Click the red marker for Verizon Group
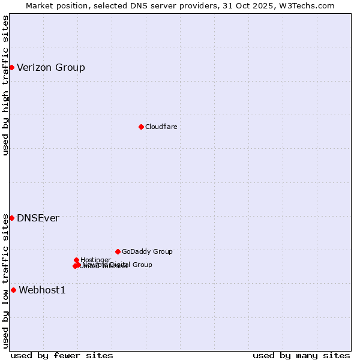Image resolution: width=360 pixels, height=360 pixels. pos(11,67)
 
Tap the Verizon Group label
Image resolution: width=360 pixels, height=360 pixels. pos(51,67)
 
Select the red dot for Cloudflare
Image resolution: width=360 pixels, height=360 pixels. pos(141,127)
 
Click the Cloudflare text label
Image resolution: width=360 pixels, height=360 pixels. pos(161,127)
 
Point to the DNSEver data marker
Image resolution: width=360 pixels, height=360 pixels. pos(11,218)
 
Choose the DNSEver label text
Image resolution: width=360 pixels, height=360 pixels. pos(38,218)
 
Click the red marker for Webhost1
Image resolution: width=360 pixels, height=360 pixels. pos(13,290)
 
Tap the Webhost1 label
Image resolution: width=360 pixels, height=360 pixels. pos(42,290)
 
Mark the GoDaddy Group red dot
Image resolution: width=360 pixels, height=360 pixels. pos(118,251)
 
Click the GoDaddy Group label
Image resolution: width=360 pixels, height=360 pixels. pos(147,251)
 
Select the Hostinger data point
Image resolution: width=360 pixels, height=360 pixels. pos(77,260)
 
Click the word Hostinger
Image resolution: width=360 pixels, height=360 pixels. pos(95,260)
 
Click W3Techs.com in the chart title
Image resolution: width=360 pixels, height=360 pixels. pos(309,5)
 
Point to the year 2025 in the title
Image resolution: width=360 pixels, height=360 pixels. pos(268,5)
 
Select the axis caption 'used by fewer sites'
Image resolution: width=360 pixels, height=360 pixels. pos(62,355)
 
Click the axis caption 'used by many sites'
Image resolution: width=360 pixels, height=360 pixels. pos(301,355)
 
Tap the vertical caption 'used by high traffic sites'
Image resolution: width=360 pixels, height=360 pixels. pos(5,85)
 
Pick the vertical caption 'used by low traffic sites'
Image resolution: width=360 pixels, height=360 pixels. pos(5,281)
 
